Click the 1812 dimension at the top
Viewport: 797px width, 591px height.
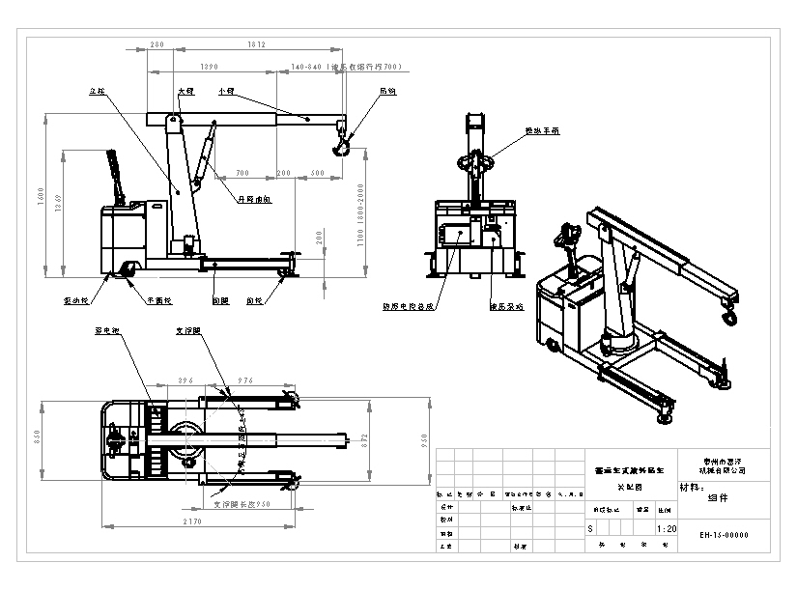coord(256,45)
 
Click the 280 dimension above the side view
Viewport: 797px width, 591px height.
coord(157,45)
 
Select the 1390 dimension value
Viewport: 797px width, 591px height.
coord(208,68)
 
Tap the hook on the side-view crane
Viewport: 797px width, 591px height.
coord(341,147)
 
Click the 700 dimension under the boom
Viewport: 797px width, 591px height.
coord(242,173)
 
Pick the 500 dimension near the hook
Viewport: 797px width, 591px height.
coord(319,173)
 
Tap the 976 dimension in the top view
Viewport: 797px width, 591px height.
coord(245,382)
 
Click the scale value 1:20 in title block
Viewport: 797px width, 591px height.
coord(666,529)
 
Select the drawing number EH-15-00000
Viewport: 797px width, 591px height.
coord(725,535)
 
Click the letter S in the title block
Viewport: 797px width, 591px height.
coord(591,529)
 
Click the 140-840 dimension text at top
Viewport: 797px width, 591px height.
coord(306,68)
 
